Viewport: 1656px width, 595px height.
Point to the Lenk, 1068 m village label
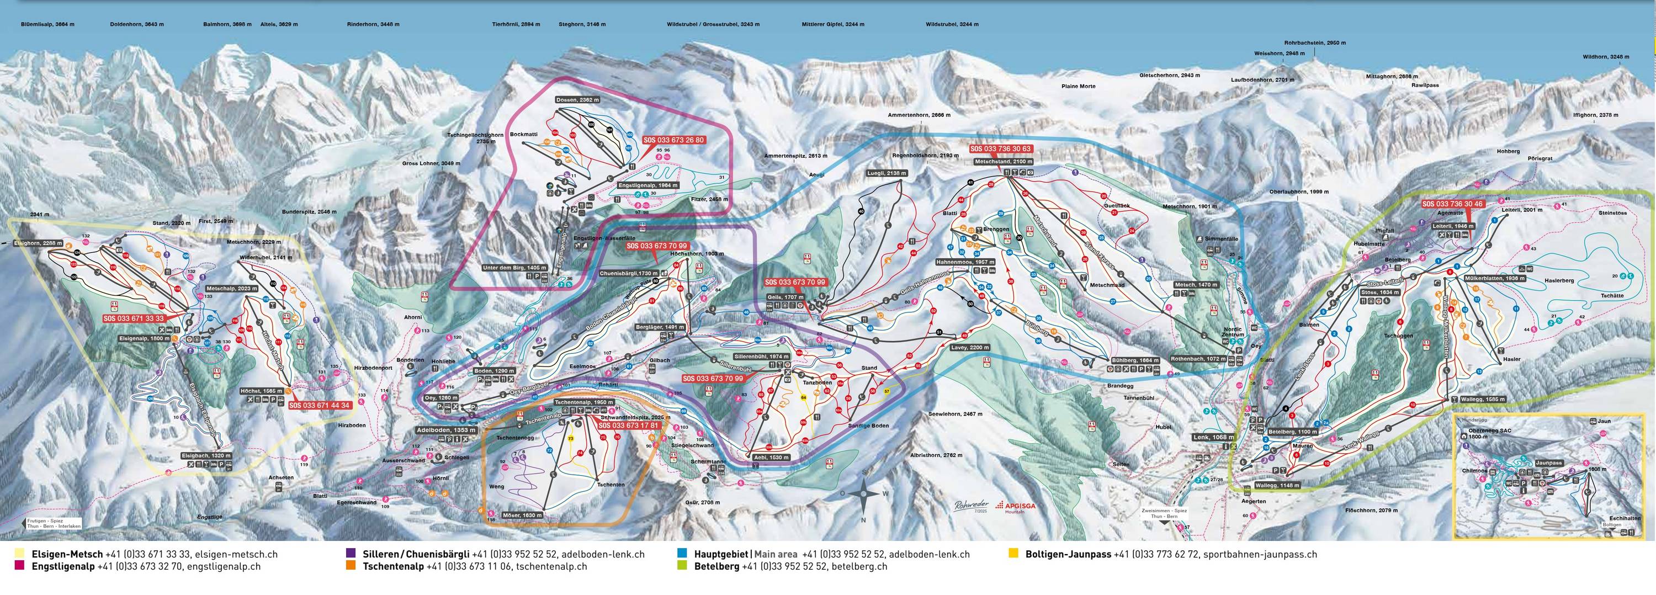pyautogui.click(x=1213, y=437)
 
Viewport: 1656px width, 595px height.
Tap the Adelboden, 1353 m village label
pyautogui.click(x=446, y=430)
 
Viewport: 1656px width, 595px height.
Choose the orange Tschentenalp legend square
pyautogui.click(x=351, y=567)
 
